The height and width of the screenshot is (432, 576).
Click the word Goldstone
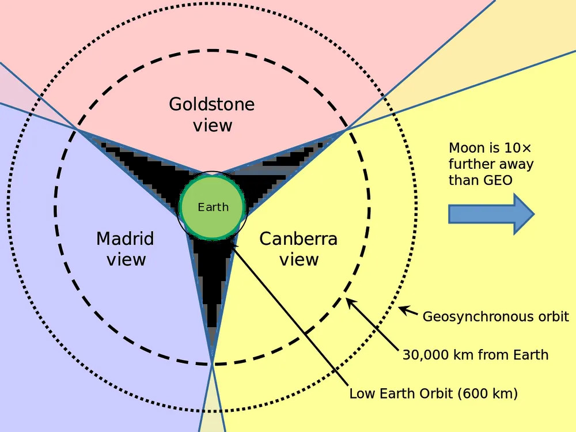(x=211, y=104)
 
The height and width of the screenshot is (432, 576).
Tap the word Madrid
(x=125, y=238)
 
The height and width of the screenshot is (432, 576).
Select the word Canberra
(x=298, y=238)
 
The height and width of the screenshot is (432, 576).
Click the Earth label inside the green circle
(x=213, y=207)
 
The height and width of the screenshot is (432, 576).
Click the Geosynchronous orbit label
(x=495, y=316)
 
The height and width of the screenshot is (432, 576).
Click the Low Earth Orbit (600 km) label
(x=433, y=394)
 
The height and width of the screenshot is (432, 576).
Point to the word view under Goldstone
(x=213, y=126)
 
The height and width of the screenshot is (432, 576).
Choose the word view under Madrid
(x=126, y=260)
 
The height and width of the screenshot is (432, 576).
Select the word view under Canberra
(x=299, y=260)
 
